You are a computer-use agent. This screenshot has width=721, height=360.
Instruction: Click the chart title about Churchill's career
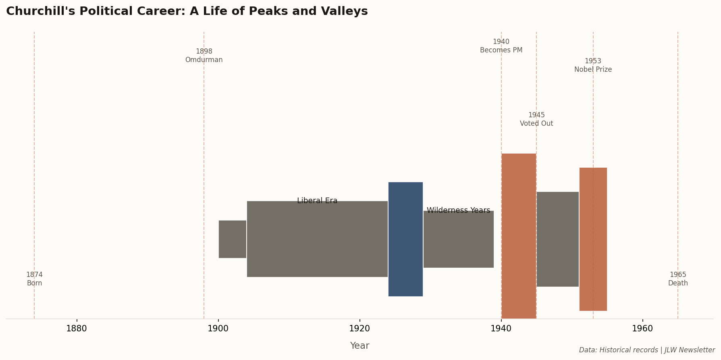[x=187, y=11]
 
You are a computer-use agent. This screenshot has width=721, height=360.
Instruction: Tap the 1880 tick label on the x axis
[x=77, y=329]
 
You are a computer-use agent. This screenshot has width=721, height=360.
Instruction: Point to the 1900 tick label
[x=218, y=329]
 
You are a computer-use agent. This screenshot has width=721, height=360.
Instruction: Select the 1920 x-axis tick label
[x=359, y=329]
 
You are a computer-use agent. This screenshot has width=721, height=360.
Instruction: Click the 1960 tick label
[x=642, y=329]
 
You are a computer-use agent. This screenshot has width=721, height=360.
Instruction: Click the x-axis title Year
[x=359, y=346]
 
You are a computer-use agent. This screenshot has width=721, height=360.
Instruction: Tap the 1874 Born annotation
[x=34, y=279]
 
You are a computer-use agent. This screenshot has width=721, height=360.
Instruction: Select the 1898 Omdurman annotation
[x=204, y=56]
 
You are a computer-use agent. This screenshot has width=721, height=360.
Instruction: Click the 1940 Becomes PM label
[x=501, y=46]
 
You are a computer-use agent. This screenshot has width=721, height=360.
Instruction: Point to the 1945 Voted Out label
[x=536, y=119]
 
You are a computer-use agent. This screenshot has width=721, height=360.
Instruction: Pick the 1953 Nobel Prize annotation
[x=593, y=65]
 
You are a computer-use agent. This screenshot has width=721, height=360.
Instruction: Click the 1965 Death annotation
[x=678, y=279]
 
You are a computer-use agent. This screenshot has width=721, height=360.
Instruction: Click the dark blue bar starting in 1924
[x=405, y=239]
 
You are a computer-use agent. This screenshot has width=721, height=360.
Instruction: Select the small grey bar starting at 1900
[x=233, y=239]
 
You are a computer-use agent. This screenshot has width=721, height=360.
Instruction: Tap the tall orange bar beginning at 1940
[x=519, y=236]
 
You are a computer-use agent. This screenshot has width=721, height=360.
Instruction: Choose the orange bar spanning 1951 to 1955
[x=593, y=239]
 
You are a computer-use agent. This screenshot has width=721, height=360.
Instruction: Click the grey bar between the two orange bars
[x=557, y=239]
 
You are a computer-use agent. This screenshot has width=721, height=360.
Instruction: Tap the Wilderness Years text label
[x=458, y=210]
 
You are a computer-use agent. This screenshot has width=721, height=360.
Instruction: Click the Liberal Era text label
[x=317, y=201]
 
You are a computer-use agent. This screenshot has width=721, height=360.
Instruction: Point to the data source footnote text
[x=646, y=350]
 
